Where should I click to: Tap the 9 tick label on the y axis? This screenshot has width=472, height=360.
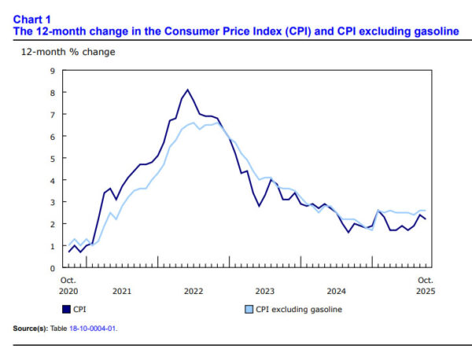point(52,71)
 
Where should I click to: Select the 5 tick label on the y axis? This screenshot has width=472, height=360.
point(52,158)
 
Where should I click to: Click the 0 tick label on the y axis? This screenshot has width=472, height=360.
point(52,268)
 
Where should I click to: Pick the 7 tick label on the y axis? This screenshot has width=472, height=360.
point(52,115)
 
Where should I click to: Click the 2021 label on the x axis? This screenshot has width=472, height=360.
point(122,291)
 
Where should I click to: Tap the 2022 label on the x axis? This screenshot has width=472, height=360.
point(194,291)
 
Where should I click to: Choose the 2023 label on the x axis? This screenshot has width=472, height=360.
point(265,291)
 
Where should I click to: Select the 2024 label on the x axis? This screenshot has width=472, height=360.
point(337,291)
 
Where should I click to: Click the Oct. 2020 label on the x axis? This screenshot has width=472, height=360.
point(69,285)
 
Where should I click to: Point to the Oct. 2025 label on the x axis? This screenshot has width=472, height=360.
point(425,285)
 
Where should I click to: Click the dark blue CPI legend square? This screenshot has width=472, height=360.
point(66,309)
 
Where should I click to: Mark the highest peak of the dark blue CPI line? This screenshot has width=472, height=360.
point(188,90)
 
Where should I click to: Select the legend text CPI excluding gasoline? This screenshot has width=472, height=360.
point(299,309)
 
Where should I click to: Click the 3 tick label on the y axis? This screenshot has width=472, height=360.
point(52,202)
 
